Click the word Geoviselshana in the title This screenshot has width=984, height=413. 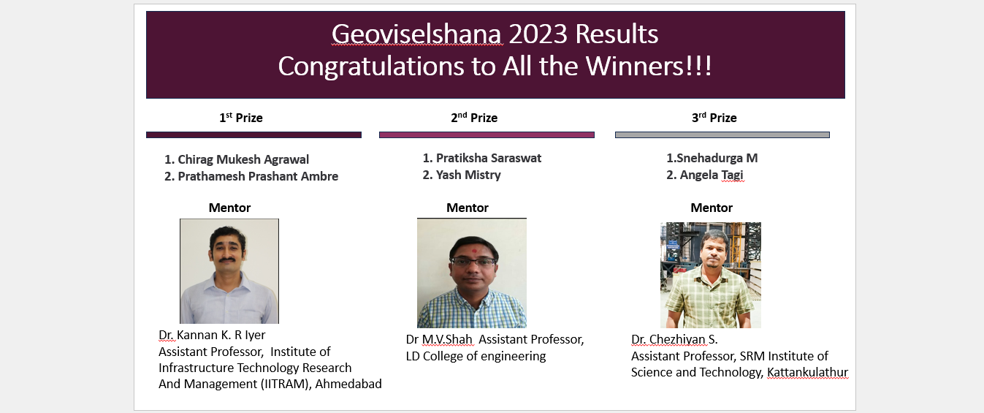[x=416, y=34]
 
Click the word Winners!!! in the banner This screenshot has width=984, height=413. [x=649, y=66]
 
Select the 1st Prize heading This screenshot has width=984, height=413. [x=241, y=117]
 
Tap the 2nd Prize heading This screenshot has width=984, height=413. [x=474, y=117]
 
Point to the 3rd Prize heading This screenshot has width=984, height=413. [x=714, y=117]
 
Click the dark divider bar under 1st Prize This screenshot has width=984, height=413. [x=253, y=135]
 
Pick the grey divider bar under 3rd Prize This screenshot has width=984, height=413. [x=722, y=135]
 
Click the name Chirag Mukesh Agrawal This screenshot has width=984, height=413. [x=243, y=159]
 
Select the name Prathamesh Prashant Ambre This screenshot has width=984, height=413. [x=258, y=176]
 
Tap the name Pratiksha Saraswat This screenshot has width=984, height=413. [x=489, y=158]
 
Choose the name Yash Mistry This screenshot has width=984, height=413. [x=468, y=175]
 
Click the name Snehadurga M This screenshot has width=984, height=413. [x=717, y=158]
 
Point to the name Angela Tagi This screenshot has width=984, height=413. [x=712, y=175]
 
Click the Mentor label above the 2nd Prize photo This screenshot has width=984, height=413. [x=468, y=208]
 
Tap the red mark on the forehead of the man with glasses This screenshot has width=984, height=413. [x=474, y=251]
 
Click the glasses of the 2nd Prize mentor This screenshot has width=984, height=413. [x=473, y=262]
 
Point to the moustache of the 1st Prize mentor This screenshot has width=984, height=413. [x=226, y=259]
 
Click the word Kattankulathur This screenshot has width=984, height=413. [x=807, y=372]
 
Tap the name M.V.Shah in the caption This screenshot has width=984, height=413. [x=447, y=339]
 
